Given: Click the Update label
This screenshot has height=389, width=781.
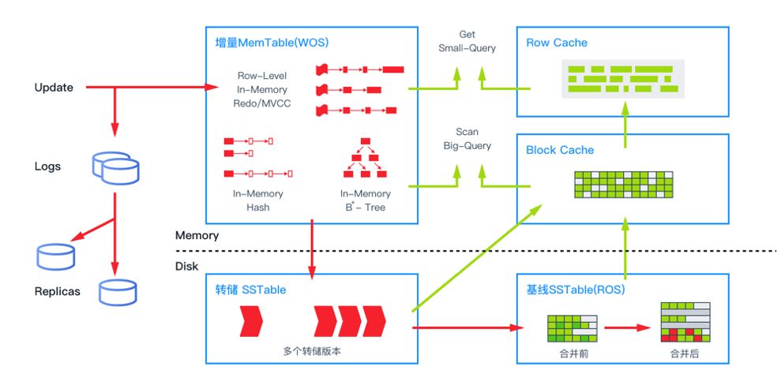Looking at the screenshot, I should pyautogui.click(x=54, y=88).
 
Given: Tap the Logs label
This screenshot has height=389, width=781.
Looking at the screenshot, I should pyautogui.click(x=47, y=166).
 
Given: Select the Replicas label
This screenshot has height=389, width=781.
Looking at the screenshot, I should pyautogui.click(x=57, y=291).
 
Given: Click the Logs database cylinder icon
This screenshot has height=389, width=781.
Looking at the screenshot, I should pyautogui.click(x=115, y=166).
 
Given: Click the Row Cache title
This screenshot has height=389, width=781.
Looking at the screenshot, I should pyautogui.click(x=557, y=43).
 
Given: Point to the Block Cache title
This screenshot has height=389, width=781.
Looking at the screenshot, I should pyautogui.click(x=560, y=150).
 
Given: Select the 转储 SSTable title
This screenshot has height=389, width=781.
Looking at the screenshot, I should pyautogui.click(x=250, y=290).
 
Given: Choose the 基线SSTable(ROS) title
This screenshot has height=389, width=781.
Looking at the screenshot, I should pyautogui.click(x=575, y=290).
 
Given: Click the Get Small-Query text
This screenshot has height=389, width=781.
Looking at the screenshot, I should pyautogui.click(x=467, y=42).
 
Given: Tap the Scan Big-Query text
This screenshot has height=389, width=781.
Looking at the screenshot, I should pyautogui.click(x=467, y=139).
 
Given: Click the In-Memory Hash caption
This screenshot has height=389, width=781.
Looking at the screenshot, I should pyautogui.click(x=257, y=200).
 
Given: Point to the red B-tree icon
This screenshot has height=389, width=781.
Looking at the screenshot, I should pyautogui.click(x=364, y=158).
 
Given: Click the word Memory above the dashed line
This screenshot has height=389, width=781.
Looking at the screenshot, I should pyautogui.click(x=197, y=235).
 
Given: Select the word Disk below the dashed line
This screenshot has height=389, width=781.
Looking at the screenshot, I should pyautogui.click(x=186, y=266).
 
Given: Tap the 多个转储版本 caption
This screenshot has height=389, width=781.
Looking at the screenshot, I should pyautogui.click(x=311, y=348).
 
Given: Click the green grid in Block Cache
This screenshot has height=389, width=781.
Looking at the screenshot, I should pyautogui.click(x=624, y=185).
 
